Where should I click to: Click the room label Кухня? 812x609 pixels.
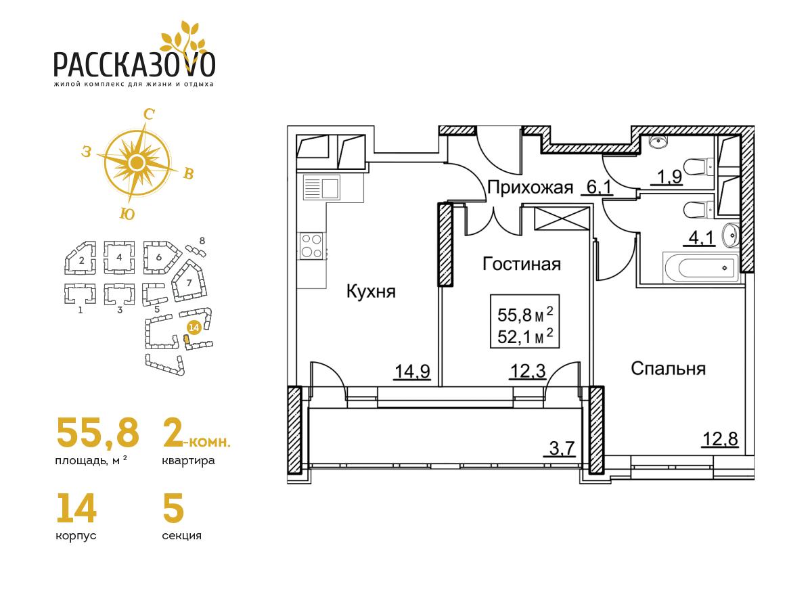371,292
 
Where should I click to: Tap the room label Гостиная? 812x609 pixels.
522,265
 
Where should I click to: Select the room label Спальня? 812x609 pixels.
668,369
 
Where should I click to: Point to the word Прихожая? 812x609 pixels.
530,188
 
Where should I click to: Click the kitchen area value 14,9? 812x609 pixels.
413,371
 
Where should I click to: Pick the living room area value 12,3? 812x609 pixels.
528,371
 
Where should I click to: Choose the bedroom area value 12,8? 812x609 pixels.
720,439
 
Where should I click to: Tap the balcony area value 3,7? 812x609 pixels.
562,449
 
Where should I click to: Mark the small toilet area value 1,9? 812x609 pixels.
670,177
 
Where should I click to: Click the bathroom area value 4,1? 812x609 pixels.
700,239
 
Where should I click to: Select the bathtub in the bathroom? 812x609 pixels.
700,267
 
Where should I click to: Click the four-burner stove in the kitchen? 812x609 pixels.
311,246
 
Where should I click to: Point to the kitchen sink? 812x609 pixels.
321,187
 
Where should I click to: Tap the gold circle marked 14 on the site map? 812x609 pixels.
194,328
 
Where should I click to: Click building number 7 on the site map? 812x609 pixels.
189,283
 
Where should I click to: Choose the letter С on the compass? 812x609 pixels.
149,115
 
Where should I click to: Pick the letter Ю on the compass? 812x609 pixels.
127,215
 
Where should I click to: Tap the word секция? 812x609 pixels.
181,536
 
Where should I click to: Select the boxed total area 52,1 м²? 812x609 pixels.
525,337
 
